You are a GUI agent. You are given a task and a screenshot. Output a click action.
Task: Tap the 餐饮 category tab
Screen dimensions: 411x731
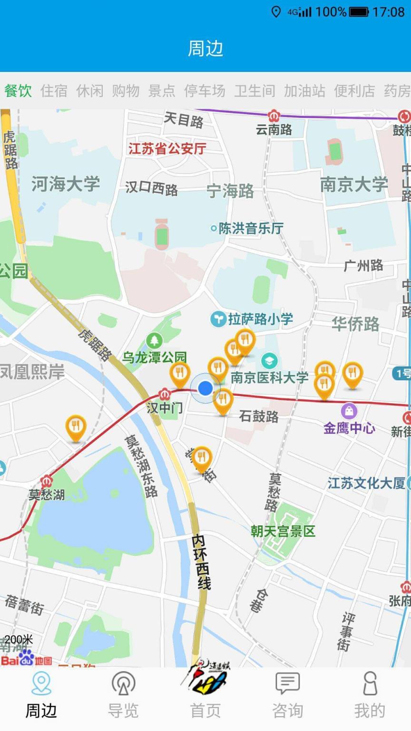[18, 90]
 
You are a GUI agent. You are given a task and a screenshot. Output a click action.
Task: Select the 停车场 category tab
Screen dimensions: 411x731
[205, 90]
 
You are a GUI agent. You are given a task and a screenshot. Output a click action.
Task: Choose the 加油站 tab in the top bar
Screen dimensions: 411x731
[304, 90]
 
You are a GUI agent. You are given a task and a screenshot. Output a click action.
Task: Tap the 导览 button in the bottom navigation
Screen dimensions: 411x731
[123, 695]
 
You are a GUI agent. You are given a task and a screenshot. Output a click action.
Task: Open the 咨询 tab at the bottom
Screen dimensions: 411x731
[287, 695]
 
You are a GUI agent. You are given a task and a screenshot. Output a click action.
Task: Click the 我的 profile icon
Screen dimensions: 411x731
[370, 695]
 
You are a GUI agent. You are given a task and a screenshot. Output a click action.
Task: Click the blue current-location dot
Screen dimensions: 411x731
[205, 388]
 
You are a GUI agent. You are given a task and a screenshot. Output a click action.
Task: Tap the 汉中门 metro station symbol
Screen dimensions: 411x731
[165, 394]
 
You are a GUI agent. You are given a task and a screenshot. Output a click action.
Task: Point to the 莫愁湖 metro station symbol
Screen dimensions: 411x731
[46, 481]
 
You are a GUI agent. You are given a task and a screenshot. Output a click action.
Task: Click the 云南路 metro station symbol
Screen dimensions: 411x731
[274, 116]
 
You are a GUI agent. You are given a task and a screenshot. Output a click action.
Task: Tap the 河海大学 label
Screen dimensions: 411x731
[66, 184]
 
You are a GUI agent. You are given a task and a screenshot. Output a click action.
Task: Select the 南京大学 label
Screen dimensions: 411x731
[354, 185]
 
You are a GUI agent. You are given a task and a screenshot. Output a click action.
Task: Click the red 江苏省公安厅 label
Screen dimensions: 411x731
[167, 149]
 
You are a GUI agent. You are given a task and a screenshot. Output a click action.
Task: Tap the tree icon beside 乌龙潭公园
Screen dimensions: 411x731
[154, 340]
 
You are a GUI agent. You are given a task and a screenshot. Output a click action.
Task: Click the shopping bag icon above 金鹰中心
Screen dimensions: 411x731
[349, 411]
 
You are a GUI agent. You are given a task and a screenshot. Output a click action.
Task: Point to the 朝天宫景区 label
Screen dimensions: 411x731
[283, 531]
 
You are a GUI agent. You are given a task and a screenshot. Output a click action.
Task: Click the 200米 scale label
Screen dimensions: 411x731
[19, 639]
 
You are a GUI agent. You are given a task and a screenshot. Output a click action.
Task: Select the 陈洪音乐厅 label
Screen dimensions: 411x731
[250, 228]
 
